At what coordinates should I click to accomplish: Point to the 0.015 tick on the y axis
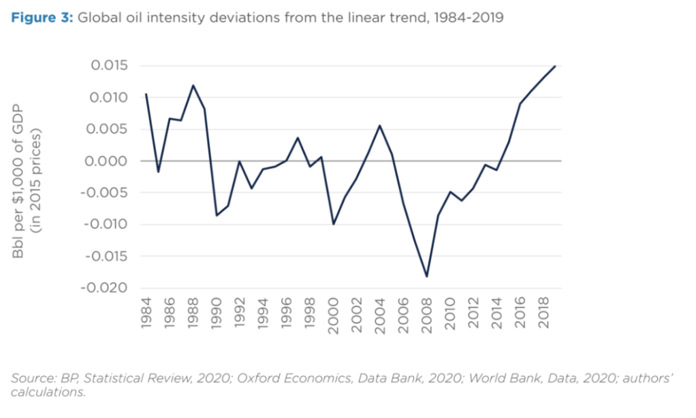pos(109,66)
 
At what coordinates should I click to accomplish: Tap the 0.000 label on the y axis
pos(109,161)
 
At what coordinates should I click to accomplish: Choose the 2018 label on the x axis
pos(544,316)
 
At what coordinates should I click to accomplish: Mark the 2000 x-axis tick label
pos(334,316)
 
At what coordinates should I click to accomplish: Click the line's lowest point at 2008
pos(427,276)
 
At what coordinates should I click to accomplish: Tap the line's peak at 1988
pos(193,86)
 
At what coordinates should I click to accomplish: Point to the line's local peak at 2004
pos(380,125)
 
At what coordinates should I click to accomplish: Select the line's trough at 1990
pos(217,215)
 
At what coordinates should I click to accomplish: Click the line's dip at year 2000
pos(334,224)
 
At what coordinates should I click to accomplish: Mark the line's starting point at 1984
pos(146,94)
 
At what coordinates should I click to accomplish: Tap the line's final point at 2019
pos(556,66)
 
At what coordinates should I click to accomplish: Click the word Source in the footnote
pos(29,378)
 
